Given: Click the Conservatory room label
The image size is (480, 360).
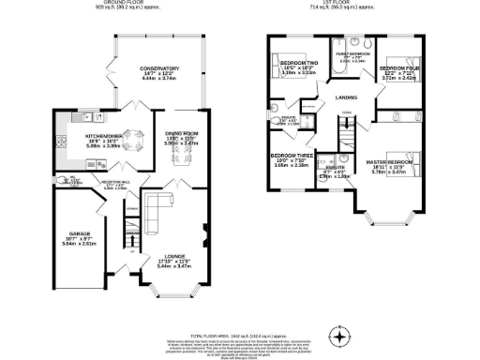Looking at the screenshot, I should click(x=158, y=69).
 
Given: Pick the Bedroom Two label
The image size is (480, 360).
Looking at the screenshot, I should click(x=300, y=65).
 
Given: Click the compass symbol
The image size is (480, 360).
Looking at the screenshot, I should click(x=341, y=335).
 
